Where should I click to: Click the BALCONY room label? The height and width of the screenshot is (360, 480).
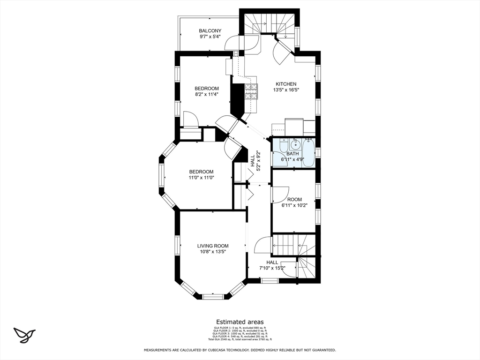tap(210, 31)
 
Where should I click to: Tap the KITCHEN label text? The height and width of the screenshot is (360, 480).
tap(285, 84)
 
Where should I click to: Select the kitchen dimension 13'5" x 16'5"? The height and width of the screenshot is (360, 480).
tap(285, 90)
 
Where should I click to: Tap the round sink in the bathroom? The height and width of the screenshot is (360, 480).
tap(293, 144)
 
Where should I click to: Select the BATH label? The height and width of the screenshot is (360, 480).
tap(292, 154)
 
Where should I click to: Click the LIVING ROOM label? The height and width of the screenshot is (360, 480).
tap(212, 246)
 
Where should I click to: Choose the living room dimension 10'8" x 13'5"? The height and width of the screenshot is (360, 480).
tap(212, 252)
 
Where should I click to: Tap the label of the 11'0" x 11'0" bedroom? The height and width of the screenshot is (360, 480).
tap(201, 172)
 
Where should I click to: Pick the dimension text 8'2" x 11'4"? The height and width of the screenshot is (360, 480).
tap(207, 94)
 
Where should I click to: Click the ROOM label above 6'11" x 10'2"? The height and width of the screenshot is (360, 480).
tap(295, 199)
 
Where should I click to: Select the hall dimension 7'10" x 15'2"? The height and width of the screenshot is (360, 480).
tap(272, 268)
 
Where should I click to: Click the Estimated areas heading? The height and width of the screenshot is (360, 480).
tap(240, 322)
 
